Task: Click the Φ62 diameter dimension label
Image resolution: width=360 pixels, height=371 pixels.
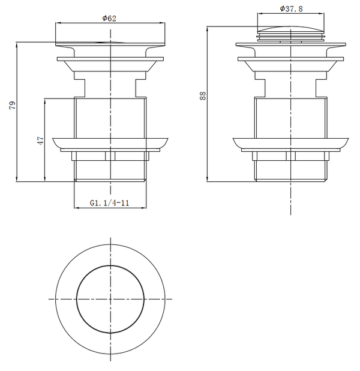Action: [109, 18]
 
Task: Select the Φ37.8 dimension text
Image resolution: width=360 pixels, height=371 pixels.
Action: [291, 9]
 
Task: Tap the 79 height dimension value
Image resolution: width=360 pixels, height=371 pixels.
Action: [12, 105]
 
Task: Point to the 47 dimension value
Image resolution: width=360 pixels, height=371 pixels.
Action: [40, 140]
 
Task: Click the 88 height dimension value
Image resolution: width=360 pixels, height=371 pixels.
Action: [203, 96]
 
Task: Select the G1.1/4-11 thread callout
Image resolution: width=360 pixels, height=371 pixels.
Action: [110, 203]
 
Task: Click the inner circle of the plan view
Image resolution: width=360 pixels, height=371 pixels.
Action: [77, 300]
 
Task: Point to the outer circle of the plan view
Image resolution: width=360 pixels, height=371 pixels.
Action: [56, 300]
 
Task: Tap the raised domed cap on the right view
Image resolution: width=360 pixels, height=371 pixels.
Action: [290, 29]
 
